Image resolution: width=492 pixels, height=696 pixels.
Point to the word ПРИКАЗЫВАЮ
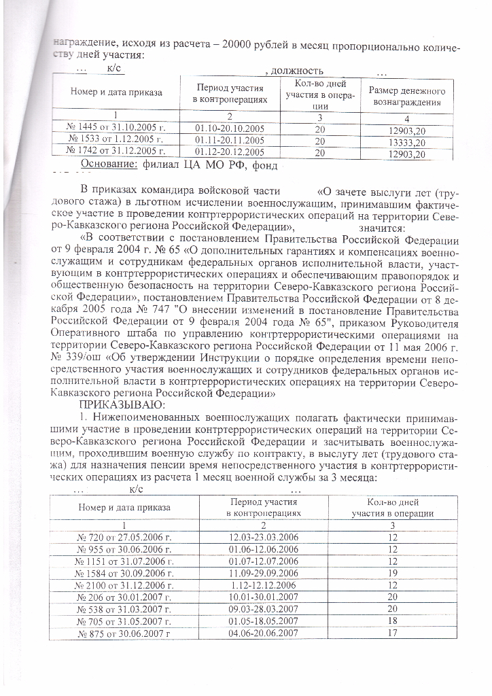pos(118,406)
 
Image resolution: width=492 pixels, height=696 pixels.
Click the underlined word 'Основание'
pos(109,164)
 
